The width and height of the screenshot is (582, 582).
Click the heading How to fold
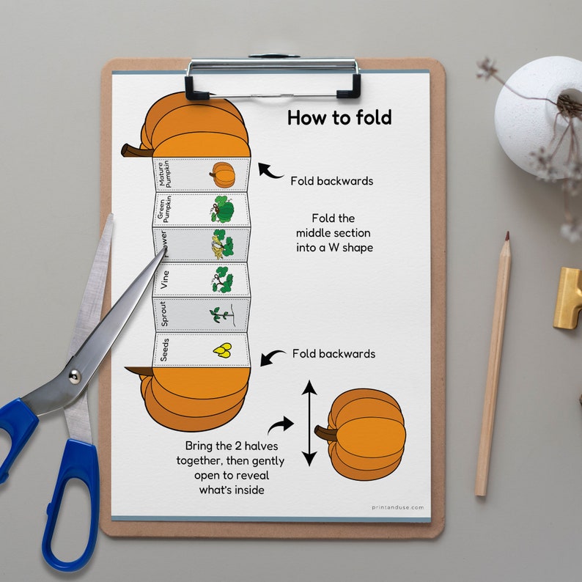pyautogui.click(x=339, y=118)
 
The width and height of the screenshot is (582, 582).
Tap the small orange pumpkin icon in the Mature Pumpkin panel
pyautogui.click(x=222, y=174)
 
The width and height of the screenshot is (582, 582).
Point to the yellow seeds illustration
pyautogui.click(x=222, y=351)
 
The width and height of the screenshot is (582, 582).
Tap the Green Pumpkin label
pyautogui.click(x=165, y=209)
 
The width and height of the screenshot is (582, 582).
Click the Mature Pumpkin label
pyautogui.click(x=165, y=174)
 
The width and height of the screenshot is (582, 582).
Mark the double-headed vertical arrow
pyautogui.click(x=309, y=423)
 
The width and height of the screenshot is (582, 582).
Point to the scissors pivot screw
pyautogui.click(x=74, y=377)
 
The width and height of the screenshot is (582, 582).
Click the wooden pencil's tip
pyautogui.click(x=507, y=237)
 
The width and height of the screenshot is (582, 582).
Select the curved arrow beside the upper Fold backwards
pyautogui.click(x=270, y=172)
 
